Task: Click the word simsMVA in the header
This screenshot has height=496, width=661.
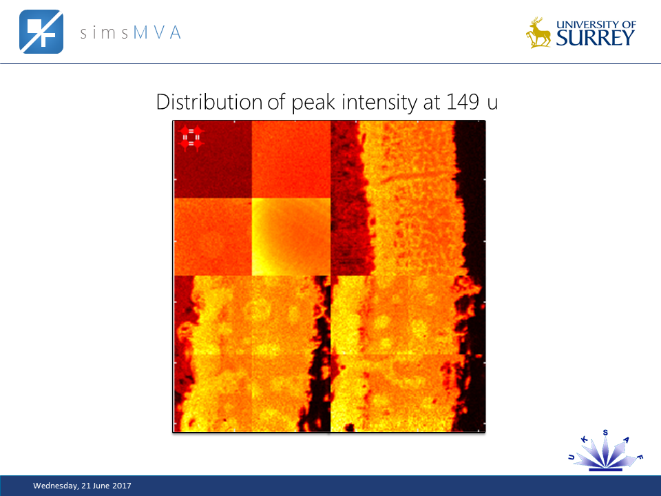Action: (130, 32)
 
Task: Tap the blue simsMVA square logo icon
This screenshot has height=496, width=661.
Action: (41, 32)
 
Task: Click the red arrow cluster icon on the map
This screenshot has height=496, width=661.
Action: (191, 137)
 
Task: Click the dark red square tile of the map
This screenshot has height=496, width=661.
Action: (213, 160)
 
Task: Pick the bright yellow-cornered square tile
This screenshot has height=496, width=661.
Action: (291, 236)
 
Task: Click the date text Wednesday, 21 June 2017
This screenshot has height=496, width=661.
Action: (82, 486)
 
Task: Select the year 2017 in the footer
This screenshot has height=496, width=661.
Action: (121, 486)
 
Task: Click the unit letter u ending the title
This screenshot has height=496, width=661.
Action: (492, 103)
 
